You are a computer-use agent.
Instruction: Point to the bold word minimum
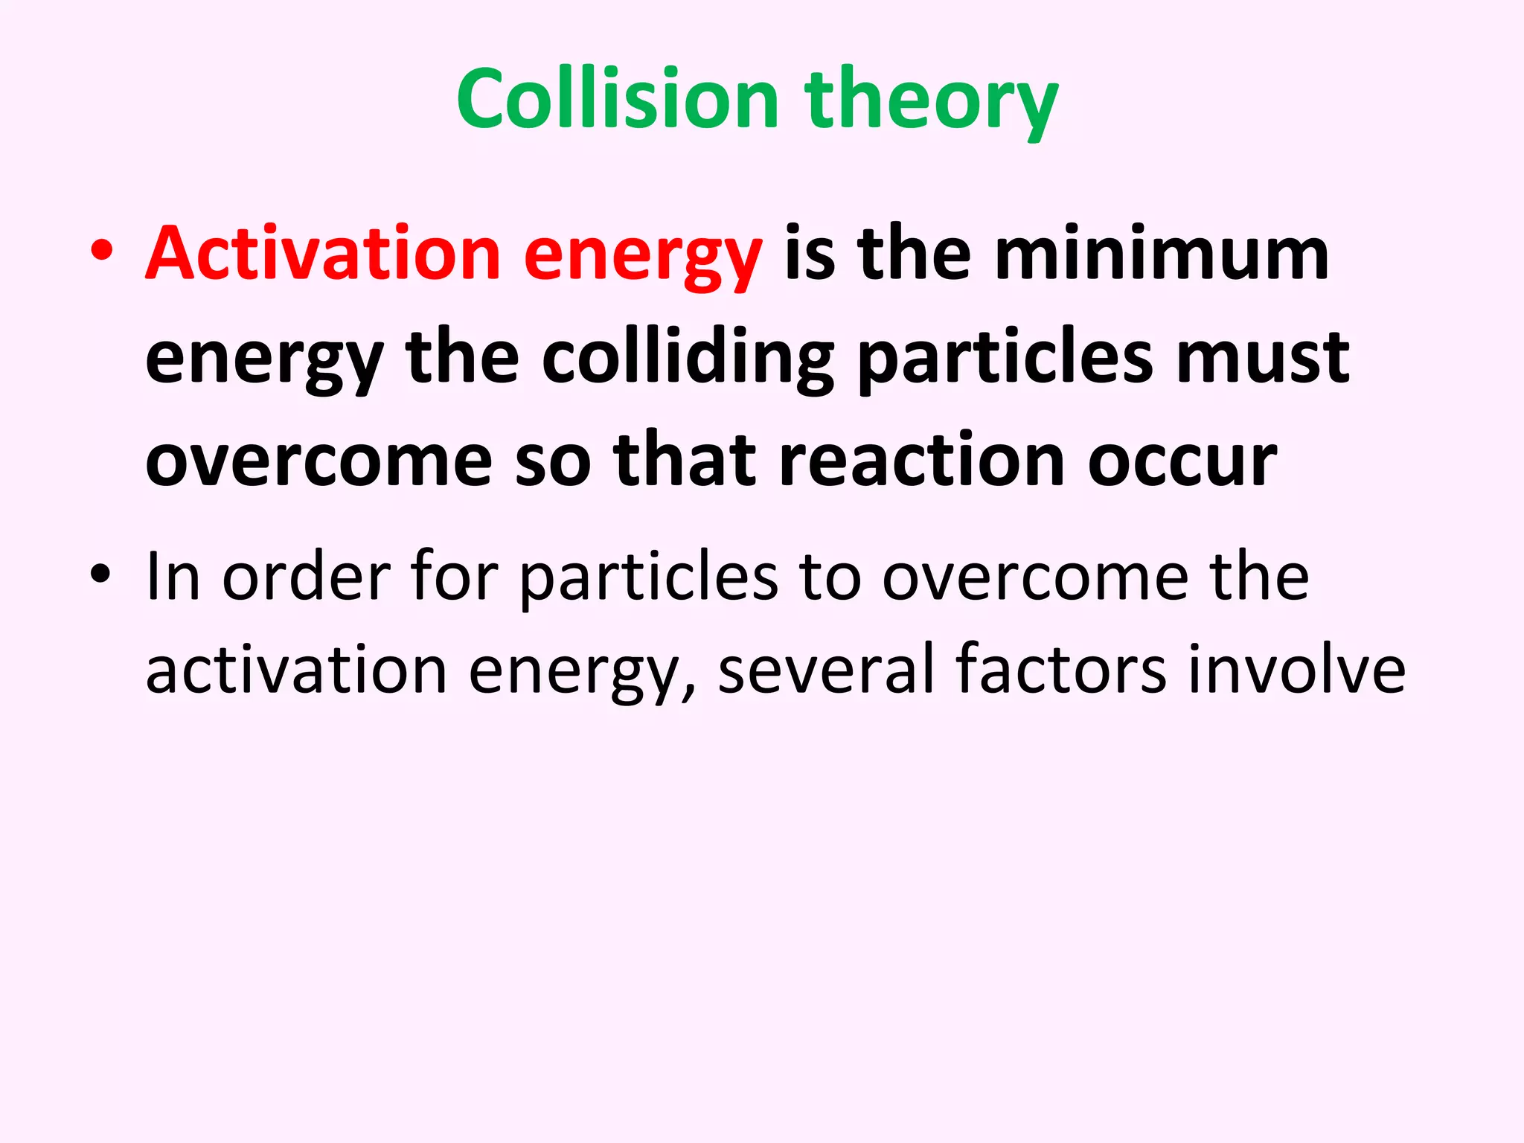(1162, 254)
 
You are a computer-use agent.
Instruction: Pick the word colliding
(688, 358)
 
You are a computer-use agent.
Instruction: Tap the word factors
(1060, 669)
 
